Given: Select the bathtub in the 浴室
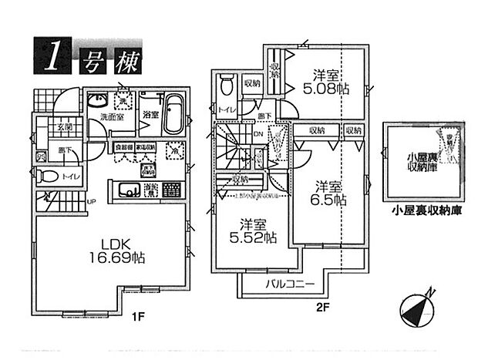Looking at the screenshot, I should click(173, 113).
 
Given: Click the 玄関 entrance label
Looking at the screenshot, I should click(63, 128).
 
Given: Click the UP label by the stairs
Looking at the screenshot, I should click(91, 202).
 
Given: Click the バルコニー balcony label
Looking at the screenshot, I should click(290, 284).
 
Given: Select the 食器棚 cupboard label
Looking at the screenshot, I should click(124, 146).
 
